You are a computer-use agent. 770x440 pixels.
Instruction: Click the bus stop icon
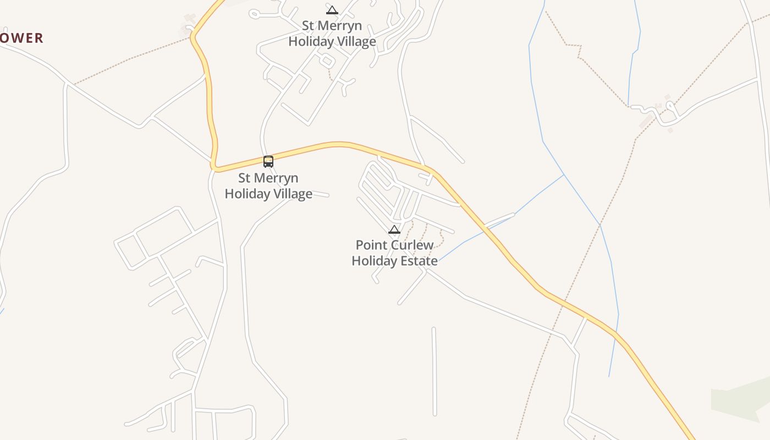coord(268,161)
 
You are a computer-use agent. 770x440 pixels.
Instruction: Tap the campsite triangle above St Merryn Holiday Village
coord(332,10)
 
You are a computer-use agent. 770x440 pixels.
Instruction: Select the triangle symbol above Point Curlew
coord(394,229)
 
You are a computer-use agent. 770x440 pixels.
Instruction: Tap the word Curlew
coord(412,245)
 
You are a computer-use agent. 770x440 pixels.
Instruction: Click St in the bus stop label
coord(244,178)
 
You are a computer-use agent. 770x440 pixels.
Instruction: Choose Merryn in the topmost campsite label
coord(340,26)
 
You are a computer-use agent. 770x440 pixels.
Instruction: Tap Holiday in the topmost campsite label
coord(309,41)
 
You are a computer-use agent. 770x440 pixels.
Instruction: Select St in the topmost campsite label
coord(308,26)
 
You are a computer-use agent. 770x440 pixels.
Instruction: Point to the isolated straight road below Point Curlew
coord(434,371)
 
